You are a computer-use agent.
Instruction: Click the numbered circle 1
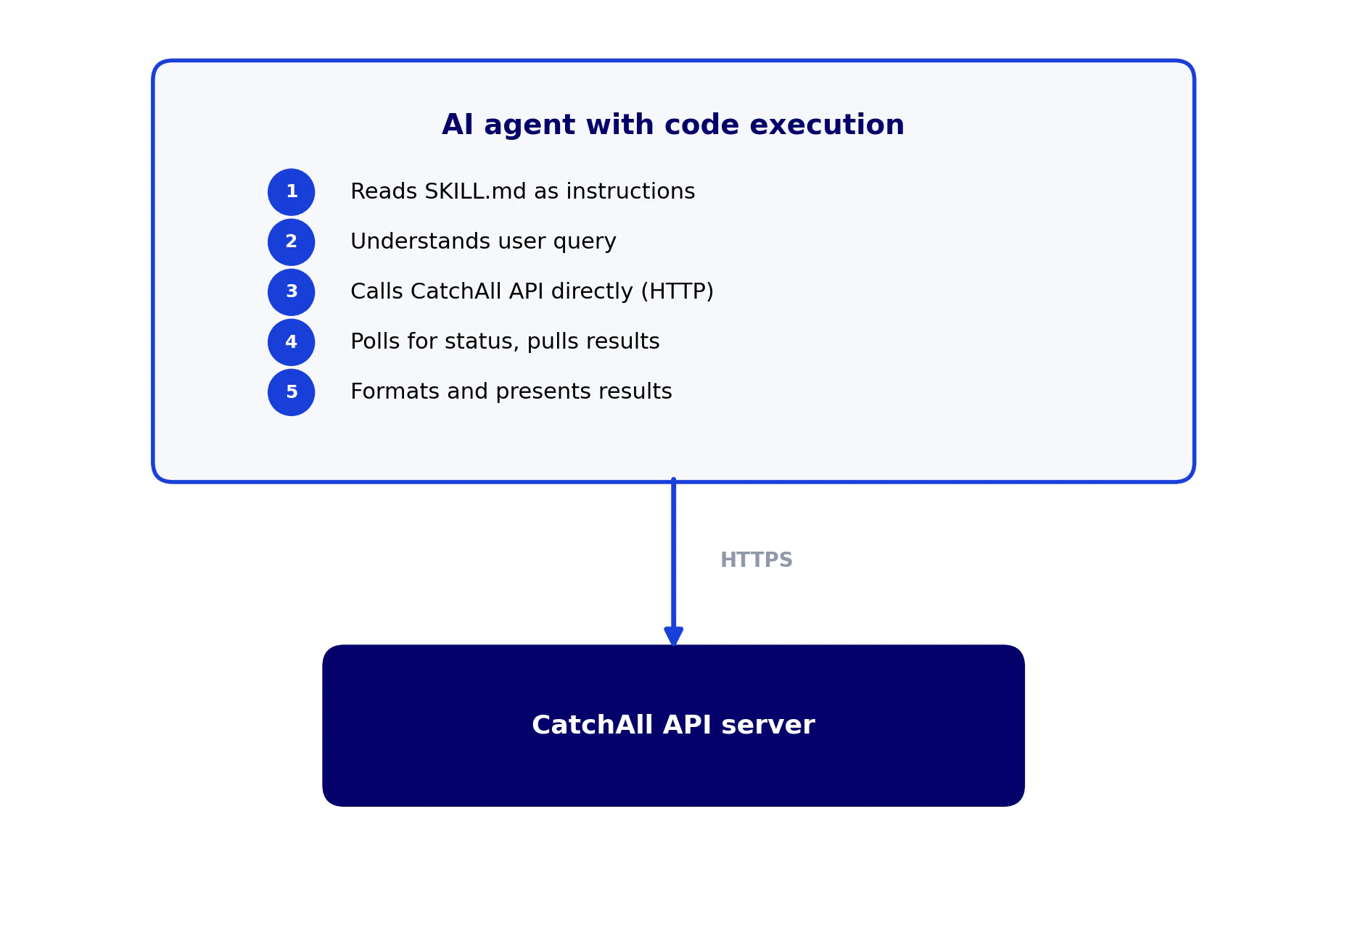(291, 192)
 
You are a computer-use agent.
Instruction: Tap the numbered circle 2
(291, 242)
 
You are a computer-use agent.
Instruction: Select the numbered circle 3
(291, 292)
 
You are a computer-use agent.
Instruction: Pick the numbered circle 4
(291, 342)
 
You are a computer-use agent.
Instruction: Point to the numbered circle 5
(291, 392)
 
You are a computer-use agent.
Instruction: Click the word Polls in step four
(376, 342)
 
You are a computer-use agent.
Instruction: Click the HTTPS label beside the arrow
(756, 560)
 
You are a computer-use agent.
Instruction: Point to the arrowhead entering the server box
(673, 636)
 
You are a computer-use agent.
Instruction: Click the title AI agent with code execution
(672, 125)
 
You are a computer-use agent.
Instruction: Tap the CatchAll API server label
(672, 726)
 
